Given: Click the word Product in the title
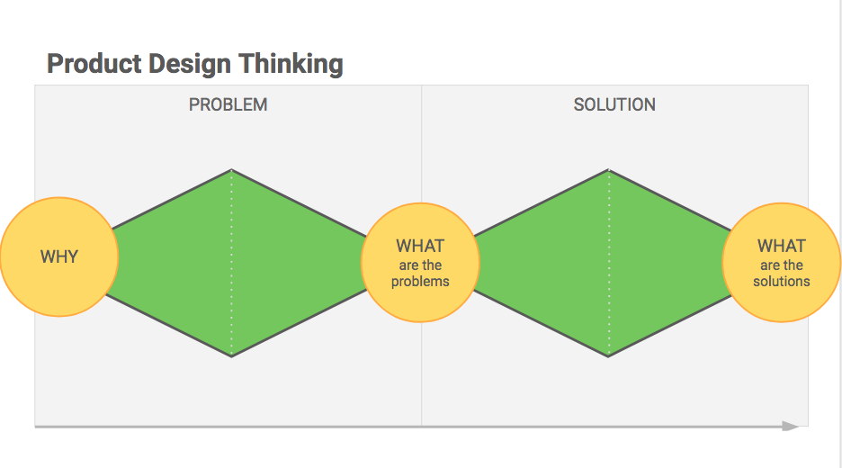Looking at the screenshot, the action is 94,64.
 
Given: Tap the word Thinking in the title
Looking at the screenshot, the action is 291,65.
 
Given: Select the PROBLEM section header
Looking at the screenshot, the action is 228,104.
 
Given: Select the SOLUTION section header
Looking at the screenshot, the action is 614,104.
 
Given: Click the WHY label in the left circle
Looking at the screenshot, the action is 59,256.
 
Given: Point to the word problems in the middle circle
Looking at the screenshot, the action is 420,282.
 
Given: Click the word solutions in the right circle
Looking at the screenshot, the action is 782,281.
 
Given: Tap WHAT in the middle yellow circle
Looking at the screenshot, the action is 420,246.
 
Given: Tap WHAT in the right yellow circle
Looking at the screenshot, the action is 782,246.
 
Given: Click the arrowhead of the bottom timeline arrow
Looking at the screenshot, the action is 791,426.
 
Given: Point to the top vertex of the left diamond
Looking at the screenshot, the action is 231,170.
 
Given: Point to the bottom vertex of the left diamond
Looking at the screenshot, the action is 231,356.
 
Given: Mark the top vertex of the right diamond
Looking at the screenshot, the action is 608,170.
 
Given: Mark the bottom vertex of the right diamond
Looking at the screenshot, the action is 608,356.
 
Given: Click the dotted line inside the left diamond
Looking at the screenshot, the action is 231,264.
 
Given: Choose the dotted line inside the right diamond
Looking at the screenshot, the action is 608,264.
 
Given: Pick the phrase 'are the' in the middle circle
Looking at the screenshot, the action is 420,265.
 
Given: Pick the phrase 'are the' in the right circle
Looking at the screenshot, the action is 782,265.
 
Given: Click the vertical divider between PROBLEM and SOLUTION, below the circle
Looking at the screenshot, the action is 422,374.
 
